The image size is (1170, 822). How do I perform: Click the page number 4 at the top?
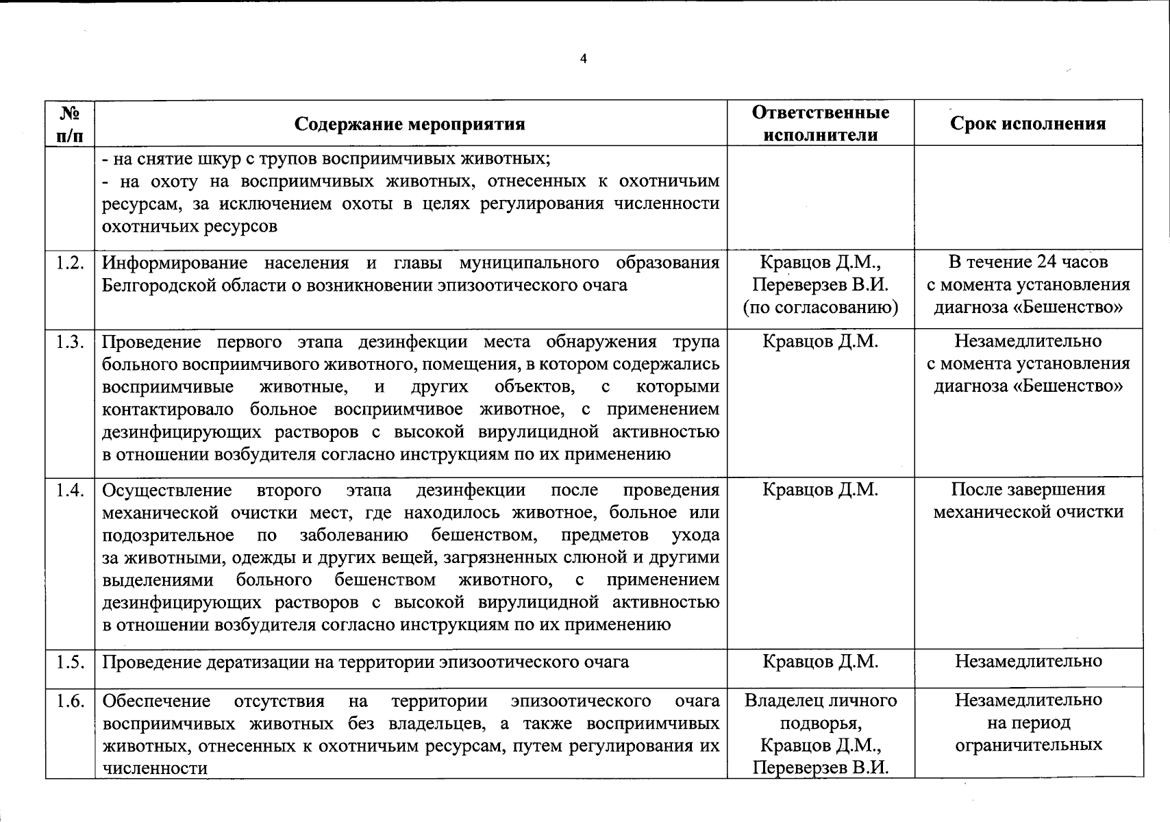(x=583, y=59)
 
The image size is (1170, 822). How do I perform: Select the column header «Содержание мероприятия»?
(x=410, y=124)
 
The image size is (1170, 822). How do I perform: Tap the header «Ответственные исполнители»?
(x=820, y=123)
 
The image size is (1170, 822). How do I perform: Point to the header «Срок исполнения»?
(x=1028, y=123)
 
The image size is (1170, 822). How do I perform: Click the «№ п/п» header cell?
(x=71, y=123)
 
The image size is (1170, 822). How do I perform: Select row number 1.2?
(x=71, y=262)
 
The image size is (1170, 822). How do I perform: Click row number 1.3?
(x=71, y=342)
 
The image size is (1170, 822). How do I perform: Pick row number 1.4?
(x=71, y=490)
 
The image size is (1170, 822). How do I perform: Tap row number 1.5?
(x=71, y=662)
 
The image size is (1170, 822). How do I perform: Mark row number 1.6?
(x=71, y=701)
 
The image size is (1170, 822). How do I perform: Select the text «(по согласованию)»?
(x=820, y=308)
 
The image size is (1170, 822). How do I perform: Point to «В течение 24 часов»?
(x=1028, y=262)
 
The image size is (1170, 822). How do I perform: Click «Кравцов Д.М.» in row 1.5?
(x=820, y=662)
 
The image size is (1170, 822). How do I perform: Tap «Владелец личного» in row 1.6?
(x=820, y=701)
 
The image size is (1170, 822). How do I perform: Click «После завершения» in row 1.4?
(x=1028, y=490)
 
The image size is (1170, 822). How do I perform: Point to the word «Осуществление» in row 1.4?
(x=166, y=490)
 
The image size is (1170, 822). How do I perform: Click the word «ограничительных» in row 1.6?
(x=1028, y=745)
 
